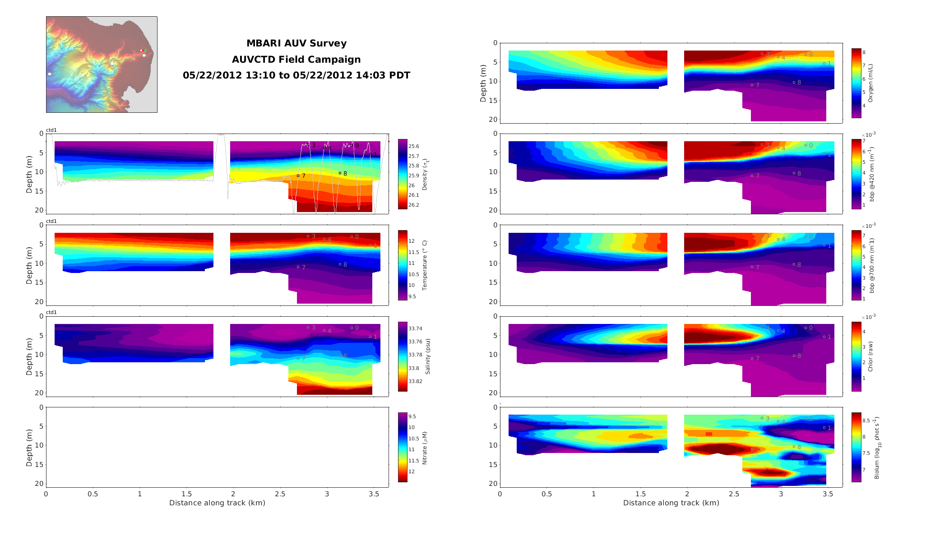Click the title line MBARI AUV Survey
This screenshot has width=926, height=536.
pyautogui.click(x=296, y=43)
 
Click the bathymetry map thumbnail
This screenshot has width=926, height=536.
pyautogui.click(x=102, y=65)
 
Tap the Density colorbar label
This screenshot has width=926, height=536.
pyautogui.click(x=425, y=174)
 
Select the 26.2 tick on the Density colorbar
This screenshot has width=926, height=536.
pyautogui.click(x=413, y=205)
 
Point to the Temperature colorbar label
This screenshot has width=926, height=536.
pyautogui.click(x=425, y=265)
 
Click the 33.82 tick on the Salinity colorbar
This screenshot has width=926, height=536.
pyautogui.click(x=415, y=381)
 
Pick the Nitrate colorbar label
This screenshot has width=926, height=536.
pyautogui.click(x=425, y=448)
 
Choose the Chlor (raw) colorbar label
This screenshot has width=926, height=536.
pyautogui.click(x=870, y=356)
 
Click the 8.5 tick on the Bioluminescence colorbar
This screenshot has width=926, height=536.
pyautogui.click(x=866, y=420)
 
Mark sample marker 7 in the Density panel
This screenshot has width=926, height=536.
pyautogui.click(x=298, y=176)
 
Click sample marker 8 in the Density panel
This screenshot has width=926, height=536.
pyautogui.click(x=340, y=173)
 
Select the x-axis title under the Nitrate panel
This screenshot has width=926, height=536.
pyautogui.click(x=217, y=503)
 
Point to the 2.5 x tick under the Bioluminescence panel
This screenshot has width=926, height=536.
pyautogui.click(x=734, y=494)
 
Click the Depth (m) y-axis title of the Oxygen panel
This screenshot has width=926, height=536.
pyautogui.click(x=483, y=83)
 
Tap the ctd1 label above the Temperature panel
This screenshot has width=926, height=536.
pyautogui.click(x=51, y=221)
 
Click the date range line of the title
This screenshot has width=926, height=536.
pyautogui.click(x=296, y=75)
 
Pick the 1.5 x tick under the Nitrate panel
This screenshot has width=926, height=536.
pyautogui.click(x=186, y=494)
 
